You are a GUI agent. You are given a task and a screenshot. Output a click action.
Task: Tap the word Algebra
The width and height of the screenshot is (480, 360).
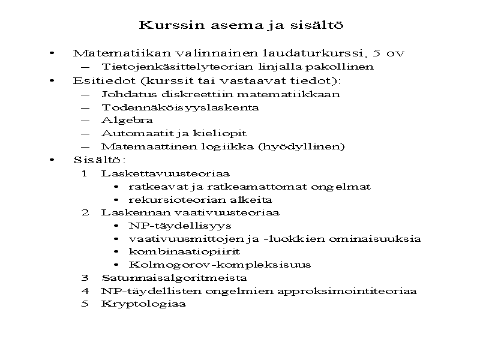(119, 120)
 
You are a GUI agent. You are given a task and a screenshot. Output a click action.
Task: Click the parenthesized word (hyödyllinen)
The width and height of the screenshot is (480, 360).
(307, 146)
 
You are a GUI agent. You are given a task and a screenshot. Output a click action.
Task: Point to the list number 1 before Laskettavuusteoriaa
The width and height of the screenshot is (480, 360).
(85, 173)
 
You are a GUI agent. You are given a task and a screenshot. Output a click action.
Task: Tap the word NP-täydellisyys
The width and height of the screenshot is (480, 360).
(179, 226)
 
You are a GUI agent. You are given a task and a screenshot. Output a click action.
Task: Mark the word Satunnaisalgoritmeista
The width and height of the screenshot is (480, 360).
(174, 278)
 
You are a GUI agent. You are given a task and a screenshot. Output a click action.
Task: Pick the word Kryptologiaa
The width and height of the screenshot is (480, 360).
(143, 304)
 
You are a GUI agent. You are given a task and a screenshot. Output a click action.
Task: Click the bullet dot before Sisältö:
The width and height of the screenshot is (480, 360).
(53, 160)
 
